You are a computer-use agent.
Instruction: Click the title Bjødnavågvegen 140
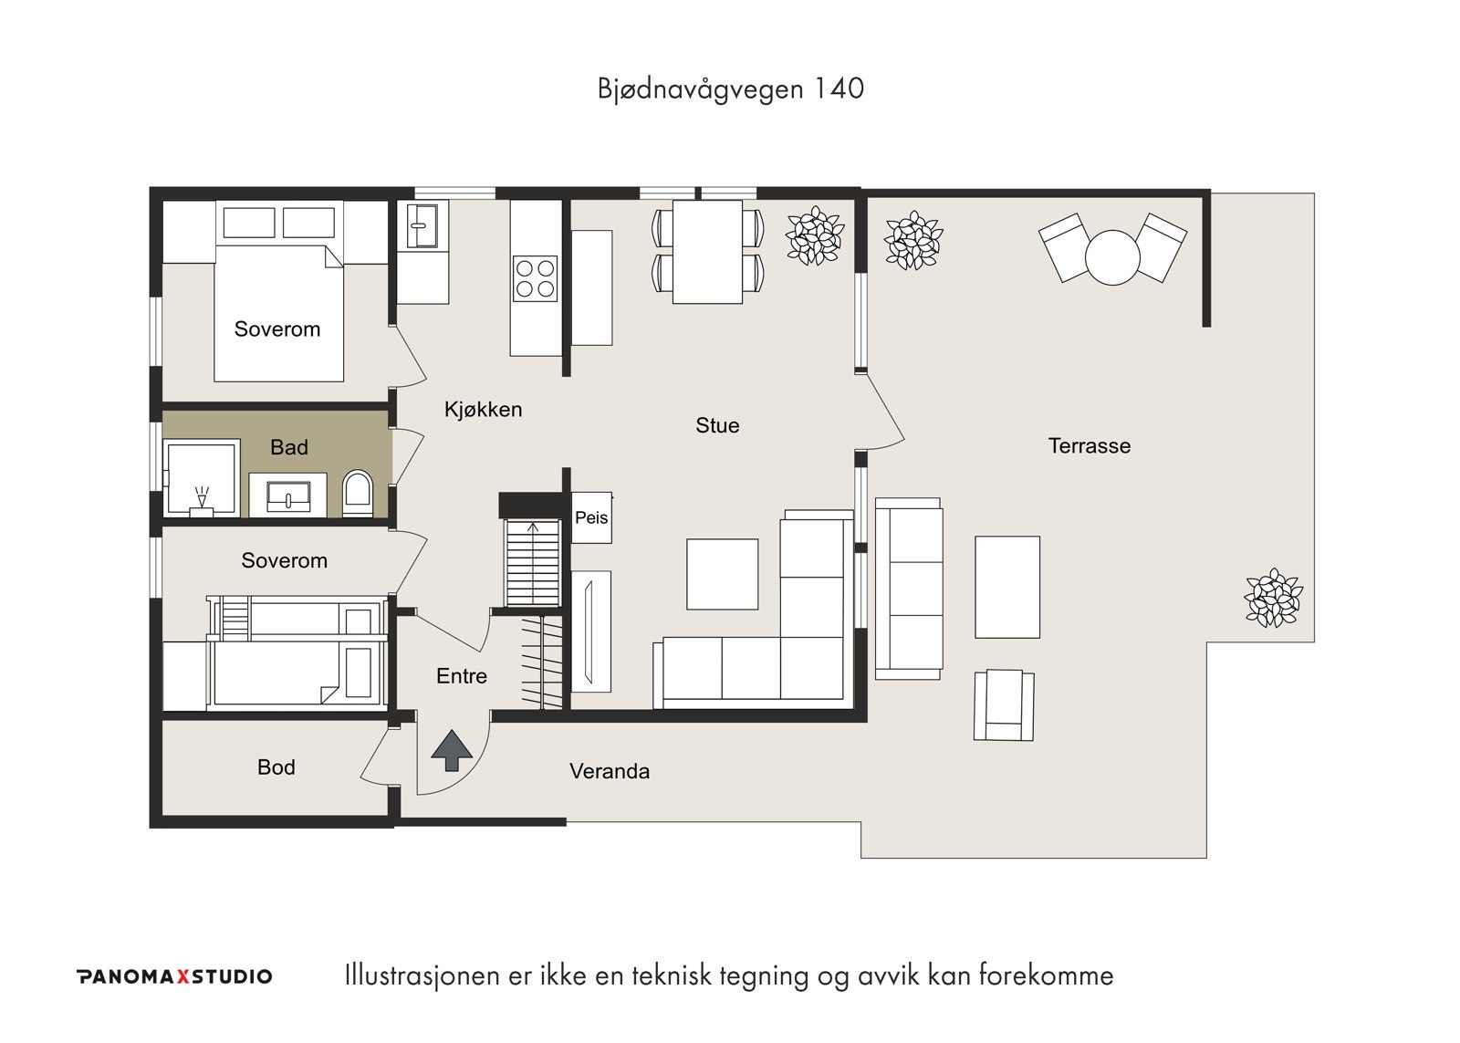coord(730,89)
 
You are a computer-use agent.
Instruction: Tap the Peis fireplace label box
coord(591,518)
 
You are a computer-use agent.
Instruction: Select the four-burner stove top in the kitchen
coord(536,279)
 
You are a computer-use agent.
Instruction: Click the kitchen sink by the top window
coord(423,224)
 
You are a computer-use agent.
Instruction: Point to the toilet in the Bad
coord(357,494)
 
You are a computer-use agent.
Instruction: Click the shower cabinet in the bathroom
coord(202,478)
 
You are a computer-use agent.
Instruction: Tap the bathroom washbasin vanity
coord(287,495)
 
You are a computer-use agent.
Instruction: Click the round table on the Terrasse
coord(1112,257)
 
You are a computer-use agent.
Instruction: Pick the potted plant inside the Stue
coord(815,236)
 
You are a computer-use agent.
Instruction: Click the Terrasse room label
coord(1089,446)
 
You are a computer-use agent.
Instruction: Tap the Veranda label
coord(610,772)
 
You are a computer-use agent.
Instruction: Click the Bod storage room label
coord(276,767)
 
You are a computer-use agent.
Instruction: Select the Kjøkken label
coord(483,410)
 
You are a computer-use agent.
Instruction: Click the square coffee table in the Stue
coord(722,574)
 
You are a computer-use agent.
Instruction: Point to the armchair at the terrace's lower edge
coord(1004,705)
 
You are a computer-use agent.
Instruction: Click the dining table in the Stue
coord(707,252)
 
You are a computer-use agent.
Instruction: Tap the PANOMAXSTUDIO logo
coord(174,976)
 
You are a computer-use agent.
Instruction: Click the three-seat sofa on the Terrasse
coord(908,589)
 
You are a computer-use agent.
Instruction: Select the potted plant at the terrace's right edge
coord(1273,599)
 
